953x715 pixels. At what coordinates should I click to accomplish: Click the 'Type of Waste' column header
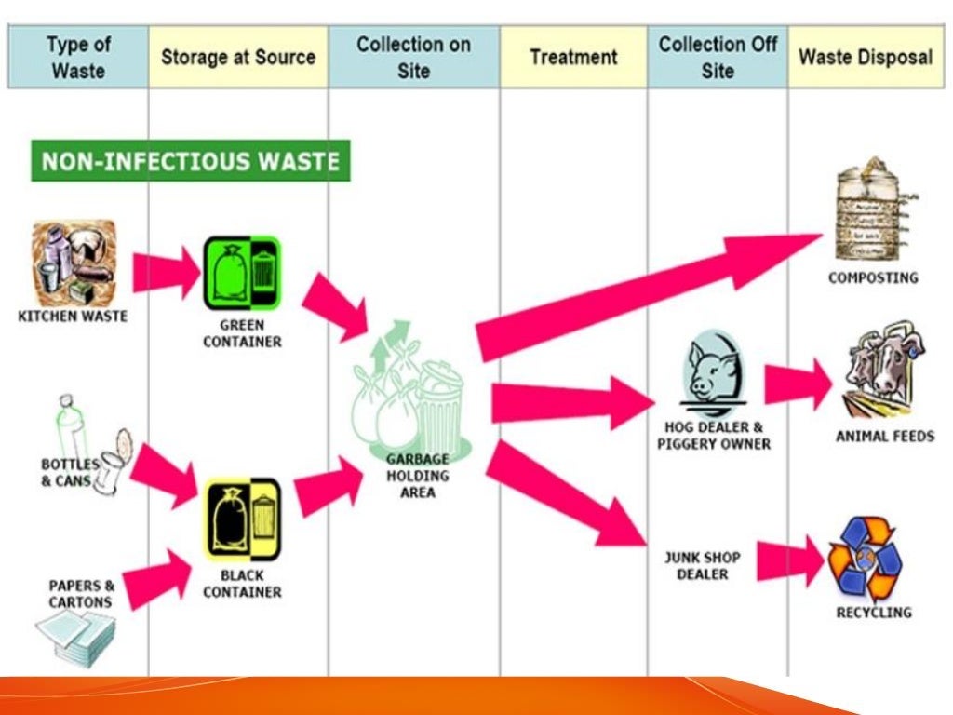[x=78, y=58]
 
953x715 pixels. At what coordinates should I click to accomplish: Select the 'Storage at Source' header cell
[x=237, y=58]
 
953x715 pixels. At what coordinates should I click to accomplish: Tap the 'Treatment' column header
[x=573, y=58]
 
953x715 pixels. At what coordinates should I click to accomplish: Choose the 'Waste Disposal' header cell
[x=865, y=58]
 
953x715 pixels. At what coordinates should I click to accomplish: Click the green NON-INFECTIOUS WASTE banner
[x=191, y=161]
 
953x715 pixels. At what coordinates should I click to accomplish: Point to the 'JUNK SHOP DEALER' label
[x=702, y=566]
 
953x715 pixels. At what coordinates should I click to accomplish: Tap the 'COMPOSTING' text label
[x=873, y=277]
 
